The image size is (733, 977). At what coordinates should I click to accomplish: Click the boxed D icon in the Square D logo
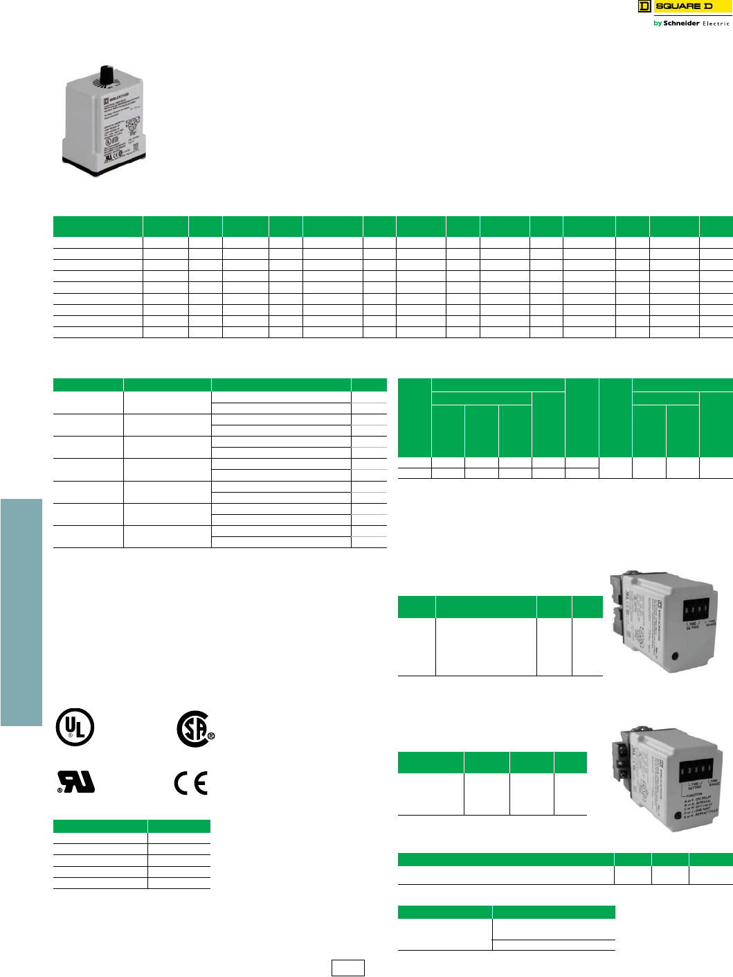click(644, 6)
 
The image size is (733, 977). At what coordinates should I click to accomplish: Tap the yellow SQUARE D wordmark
click(684, 6)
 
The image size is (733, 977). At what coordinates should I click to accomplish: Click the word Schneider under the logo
click(681, 24)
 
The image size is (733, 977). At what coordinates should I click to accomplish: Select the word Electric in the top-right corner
click(716, 24)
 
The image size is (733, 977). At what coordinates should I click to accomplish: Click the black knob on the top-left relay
click(106, 74)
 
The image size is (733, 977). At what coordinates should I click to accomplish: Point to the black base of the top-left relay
click(104, 166)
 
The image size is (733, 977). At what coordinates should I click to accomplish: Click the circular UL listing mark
click(75, 727)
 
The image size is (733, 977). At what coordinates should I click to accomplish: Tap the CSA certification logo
click(194, 728)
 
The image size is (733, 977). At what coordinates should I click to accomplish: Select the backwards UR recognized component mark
click(76, 782)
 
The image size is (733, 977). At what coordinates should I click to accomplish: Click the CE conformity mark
click(190, 783)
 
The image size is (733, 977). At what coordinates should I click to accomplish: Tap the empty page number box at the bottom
click(347, 968)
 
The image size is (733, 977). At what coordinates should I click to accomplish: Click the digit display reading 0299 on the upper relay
click(695, 610)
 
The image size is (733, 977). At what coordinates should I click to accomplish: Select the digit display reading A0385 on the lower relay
click(697, 770)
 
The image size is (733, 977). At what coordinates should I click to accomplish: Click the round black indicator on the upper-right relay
click(675, 655)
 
